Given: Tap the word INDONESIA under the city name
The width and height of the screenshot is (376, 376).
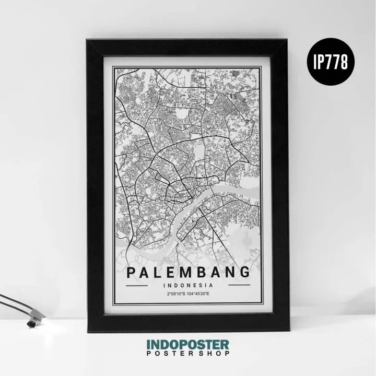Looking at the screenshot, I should tap(188, 286).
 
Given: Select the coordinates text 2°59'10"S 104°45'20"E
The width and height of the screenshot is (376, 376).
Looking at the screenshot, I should tap(188, 295).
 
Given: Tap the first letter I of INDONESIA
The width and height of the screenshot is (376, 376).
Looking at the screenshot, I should tap(164, 286).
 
